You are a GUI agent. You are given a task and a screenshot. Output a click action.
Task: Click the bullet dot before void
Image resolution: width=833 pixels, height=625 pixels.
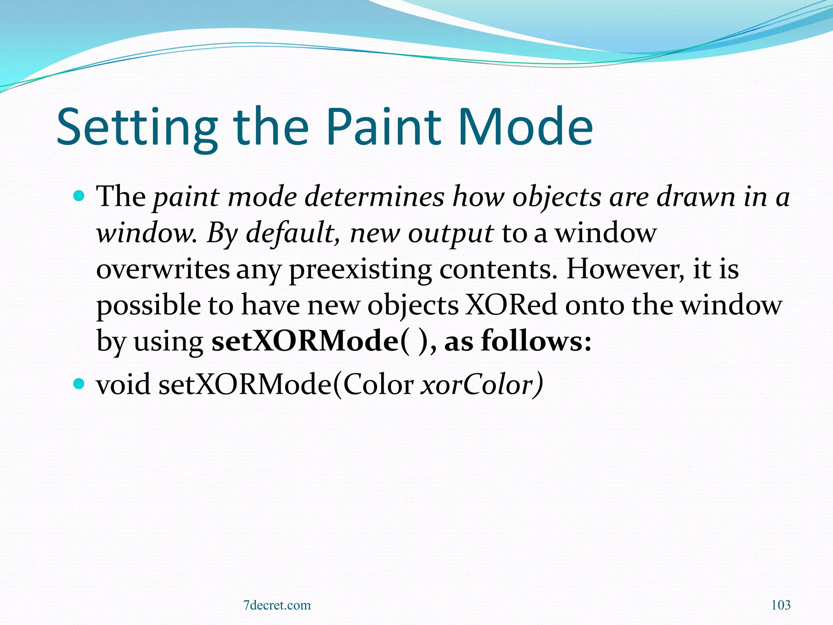tap(79, 384)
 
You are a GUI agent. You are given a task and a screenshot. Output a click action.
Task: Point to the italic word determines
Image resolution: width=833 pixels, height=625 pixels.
tap(374, 197)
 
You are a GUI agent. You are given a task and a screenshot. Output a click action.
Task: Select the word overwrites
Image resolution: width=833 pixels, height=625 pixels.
tap(163, 269)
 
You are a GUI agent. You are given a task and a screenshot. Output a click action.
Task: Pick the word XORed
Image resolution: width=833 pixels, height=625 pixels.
tap(511, 305)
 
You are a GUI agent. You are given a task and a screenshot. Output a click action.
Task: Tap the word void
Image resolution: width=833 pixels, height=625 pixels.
tap(123, 385)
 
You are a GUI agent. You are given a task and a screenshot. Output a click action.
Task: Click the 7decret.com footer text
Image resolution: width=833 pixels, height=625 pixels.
tap(277, 605)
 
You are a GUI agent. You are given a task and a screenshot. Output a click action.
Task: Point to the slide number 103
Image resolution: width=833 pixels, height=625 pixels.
tap(781, 605)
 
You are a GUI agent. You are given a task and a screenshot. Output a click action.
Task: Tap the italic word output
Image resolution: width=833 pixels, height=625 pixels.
tap(451, 234)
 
